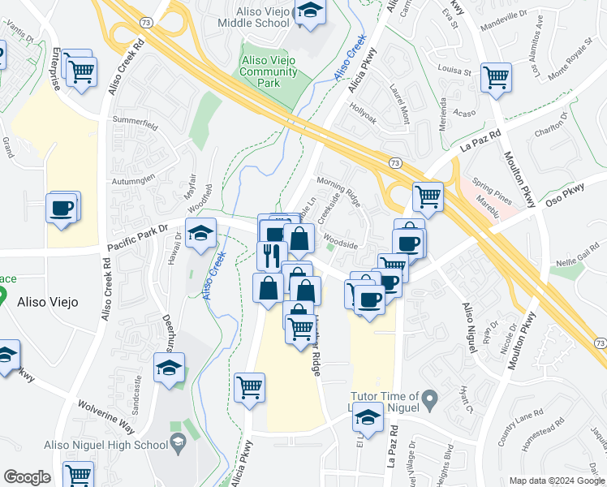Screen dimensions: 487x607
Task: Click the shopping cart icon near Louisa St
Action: [x=495, y=79]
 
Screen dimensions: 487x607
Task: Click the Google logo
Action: [x=28, y=477]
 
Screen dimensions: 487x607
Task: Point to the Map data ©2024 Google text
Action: [x=555, y=481]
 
